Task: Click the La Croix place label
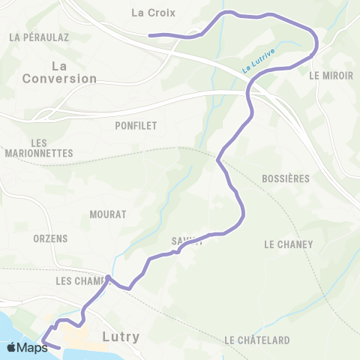click(x=153, y=12)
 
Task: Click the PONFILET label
click(x=136, y=126)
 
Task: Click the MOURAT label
click(x=107, y=214)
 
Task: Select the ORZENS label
click(x=51, y=238)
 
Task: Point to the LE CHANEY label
click(x=288, y=244)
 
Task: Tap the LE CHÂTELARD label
click(x=257, y=340)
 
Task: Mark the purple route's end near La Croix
click(x=150, y=34)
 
